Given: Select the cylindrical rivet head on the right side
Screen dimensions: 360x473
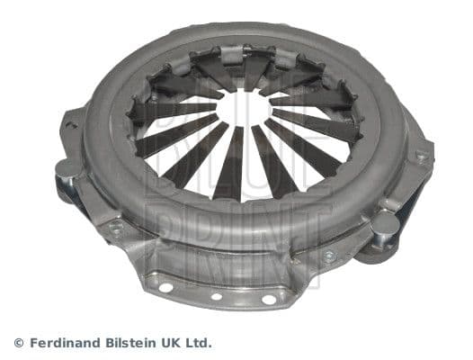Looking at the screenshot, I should (385, 221).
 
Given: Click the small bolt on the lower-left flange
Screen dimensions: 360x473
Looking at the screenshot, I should (116, 227).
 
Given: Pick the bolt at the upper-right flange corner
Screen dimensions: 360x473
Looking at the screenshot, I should (422, 155).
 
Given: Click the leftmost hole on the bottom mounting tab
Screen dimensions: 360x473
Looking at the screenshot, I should (166, 287).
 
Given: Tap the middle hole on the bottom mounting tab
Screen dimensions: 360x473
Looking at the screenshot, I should (217, 296).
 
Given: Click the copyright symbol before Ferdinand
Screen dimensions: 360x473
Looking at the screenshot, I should (19, 343).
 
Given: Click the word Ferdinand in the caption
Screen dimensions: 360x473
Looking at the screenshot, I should (62, 343).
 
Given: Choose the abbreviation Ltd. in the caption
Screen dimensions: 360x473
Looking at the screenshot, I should (201, 343).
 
